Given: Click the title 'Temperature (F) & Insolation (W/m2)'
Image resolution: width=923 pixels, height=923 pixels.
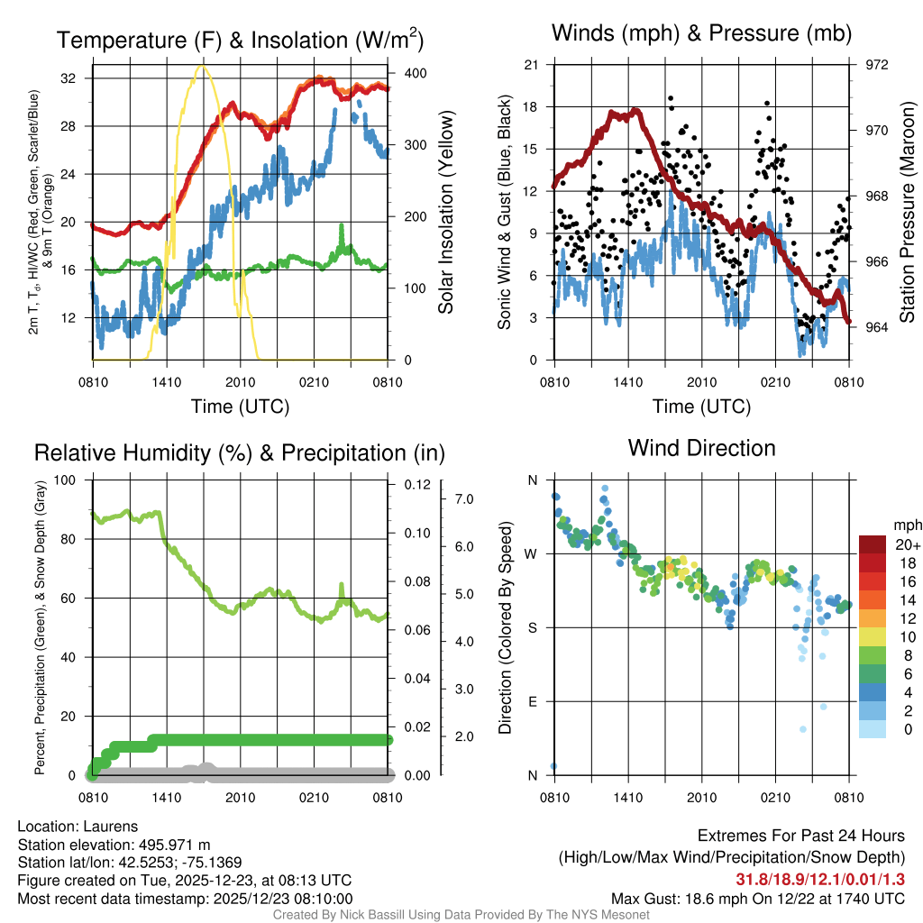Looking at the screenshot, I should click(x=240, y=40).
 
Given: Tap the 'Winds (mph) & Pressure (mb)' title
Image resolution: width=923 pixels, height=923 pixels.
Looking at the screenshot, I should click(x=702, y=33).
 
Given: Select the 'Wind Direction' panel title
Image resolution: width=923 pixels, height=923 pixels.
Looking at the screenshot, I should click(x=701, y=448).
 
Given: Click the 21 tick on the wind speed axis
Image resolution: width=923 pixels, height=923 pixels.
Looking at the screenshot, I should click(x=531, y=65).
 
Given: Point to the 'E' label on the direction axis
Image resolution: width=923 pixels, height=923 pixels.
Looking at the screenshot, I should click(x=532, y=701).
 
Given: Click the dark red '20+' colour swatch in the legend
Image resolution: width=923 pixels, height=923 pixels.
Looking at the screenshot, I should click(x=873, y=544).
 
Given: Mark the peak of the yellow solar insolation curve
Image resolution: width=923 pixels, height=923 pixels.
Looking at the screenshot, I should click(x=201, y=66).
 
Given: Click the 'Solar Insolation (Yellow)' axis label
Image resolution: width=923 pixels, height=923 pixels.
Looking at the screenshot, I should click(x=445, y=213).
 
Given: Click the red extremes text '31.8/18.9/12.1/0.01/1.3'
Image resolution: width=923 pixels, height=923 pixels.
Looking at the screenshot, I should click(x=820, y=880).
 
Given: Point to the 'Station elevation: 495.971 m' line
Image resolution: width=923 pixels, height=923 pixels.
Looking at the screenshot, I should click(x=114, y=845).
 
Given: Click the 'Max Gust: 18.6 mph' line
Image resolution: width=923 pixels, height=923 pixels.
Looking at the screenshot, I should click(x=757, y=898).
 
